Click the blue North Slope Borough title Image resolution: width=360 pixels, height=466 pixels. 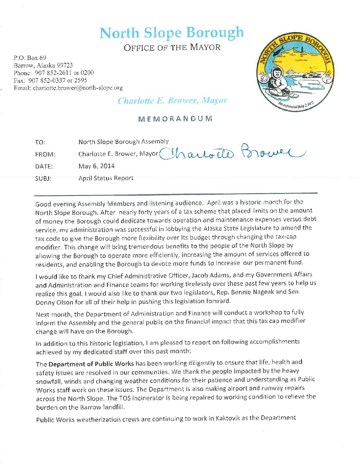tap(171, 33)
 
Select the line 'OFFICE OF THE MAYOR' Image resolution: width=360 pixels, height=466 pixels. tap(172, 48)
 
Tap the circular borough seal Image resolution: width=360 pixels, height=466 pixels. tap(293, 72)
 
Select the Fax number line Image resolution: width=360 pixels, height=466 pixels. tap(50, 80)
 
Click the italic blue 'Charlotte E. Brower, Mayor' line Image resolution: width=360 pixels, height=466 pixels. tap(172, 101)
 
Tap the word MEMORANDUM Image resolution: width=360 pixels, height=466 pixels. tap(175, 119)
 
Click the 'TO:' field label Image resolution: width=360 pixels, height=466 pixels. tap(40, 142)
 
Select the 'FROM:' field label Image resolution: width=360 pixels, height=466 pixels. tap(45, 155)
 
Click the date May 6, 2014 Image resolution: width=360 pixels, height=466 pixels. tap(96, 166)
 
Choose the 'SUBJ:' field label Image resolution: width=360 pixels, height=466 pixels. tap(43, 179)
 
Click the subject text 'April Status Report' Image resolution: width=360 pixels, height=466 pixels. tap(106, 178)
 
